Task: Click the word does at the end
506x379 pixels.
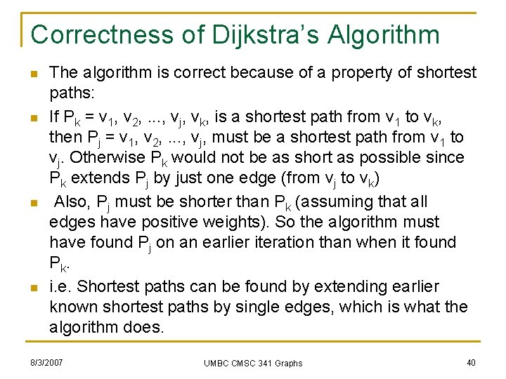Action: point(143,328)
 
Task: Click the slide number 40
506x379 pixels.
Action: point(470,362)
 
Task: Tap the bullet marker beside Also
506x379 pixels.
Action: point(33,203)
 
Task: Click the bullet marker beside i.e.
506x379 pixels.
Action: point(33,288)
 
